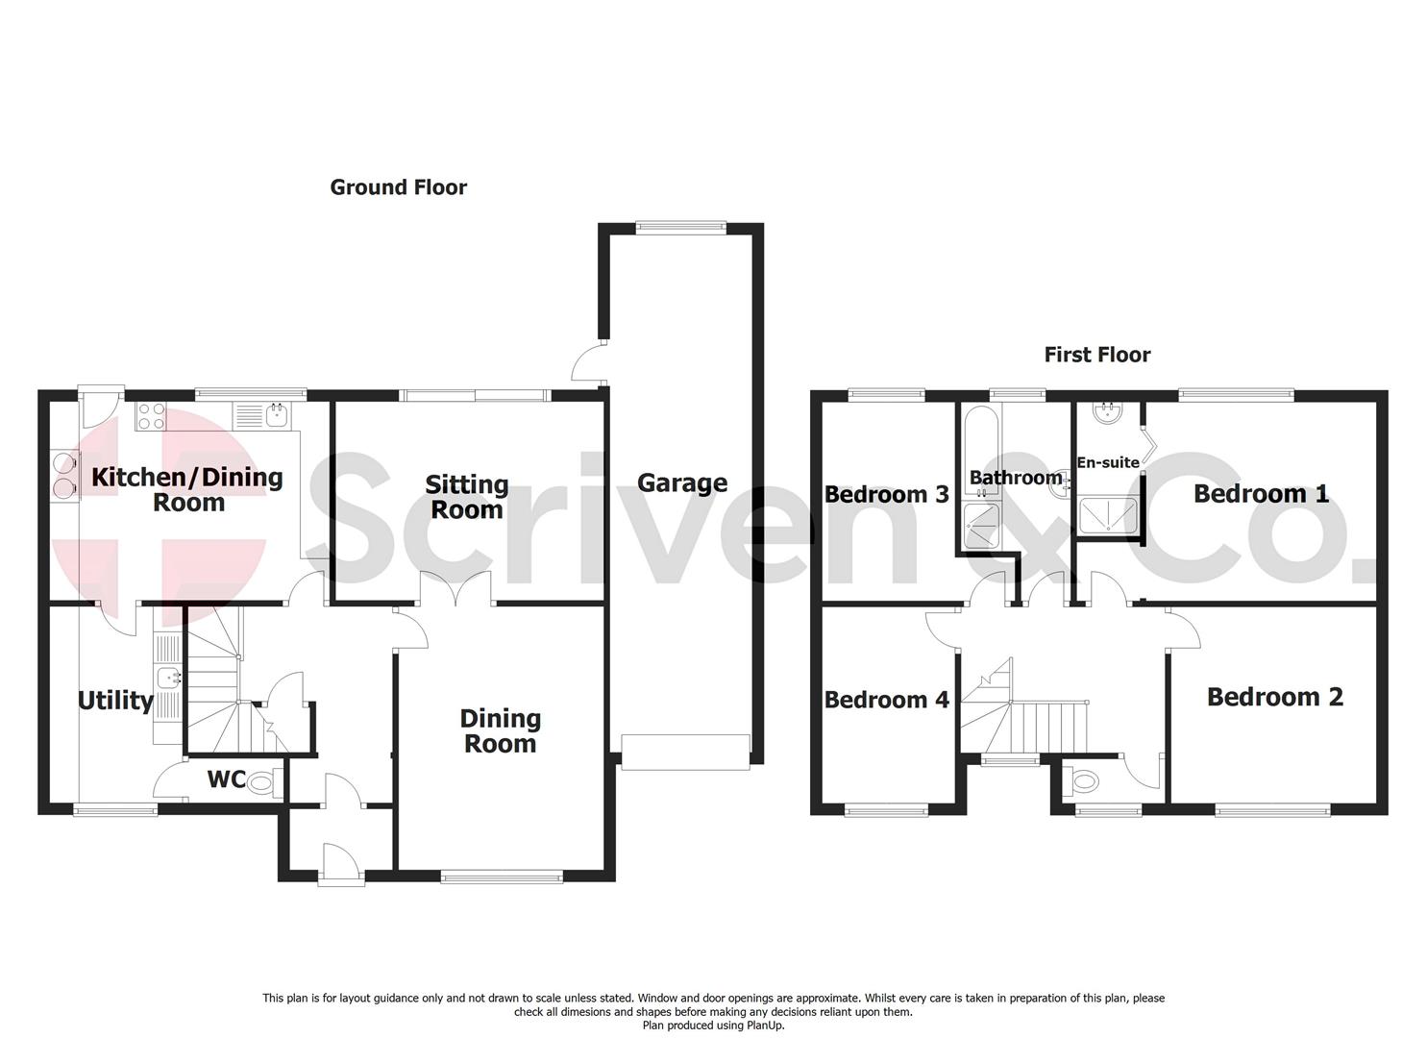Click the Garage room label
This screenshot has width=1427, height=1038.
681,482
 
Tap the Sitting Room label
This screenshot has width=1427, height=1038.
466,497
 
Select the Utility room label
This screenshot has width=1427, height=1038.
115,701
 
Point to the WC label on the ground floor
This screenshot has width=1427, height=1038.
227,778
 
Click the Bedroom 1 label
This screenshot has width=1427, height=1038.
1261,494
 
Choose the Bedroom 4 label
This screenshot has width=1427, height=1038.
886,700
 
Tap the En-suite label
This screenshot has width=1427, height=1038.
1108,462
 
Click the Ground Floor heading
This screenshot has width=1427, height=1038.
398,187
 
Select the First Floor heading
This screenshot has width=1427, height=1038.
1097,355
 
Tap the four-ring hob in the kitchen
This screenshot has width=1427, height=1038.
151,415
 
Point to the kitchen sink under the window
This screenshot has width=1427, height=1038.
277,415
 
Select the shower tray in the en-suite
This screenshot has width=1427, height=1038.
1108,515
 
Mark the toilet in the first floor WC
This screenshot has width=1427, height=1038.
1082,779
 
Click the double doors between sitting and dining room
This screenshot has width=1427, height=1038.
457,587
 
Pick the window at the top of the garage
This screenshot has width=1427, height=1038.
680,227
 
